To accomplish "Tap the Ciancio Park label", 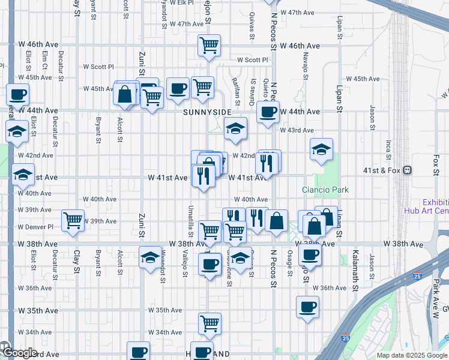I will click(325, 190).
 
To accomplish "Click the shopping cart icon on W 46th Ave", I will click(209, 45).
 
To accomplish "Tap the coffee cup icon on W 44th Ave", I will click(268, 111).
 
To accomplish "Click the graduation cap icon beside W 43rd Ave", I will click(235, 128).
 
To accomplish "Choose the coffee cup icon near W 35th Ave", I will click(307, 308).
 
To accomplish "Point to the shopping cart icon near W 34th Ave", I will click(209, 323).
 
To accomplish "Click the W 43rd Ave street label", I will click(297, 130).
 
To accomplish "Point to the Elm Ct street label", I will click(45, 61).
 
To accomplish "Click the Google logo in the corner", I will click(19, 353).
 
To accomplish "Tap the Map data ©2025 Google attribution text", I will click(412, 355).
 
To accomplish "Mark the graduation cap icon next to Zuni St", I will click(149, 257).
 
